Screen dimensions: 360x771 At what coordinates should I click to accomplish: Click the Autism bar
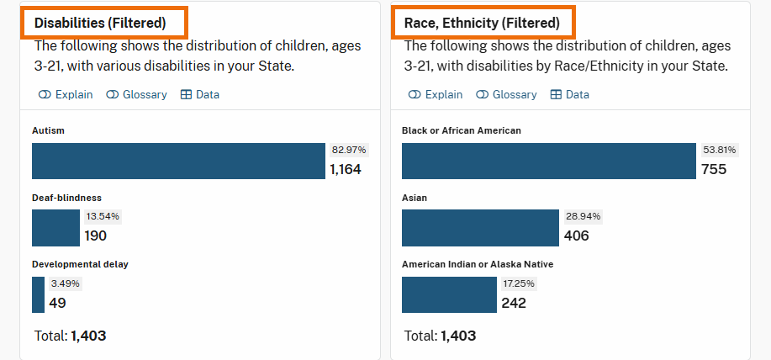pos(178,161)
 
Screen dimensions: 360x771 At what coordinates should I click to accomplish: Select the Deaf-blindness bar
pos(55,227)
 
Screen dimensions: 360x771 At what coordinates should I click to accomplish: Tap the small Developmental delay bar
pos(38,294)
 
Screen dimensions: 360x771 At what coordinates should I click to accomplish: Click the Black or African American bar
pos(549,161)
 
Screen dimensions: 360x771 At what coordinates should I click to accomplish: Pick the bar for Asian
pos(480,227)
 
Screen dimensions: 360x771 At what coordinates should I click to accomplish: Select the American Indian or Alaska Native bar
pos(449,294)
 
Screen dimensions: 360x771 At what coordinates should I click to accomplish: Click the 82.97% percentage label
pos(349,150)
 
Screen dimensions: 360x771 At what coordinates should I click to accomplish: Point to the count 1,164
pos(345,169)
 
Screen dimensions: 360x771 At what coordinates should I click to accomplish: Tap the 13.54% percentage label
pos(103,216)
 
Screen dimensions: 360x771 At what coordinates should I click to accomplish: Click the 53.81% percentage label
pos(719,150)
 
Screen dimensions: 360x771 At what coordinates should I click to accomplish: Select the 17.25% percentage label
pos(518,283)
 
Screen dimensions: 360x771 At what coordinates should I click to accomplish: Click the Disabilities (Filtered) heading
pos(100,23)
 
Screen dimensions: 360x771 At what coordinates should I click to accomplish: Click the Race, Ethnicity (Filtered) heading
pos(482,23)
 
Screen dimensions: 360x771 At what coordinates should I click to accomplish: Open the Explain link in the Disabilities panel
pos(66,95)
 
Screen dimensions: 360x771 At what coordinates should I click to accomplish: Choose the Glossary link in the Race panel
pos(506,95)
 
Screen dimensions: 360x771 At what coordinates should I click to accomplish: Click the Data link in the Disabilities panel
pos(200,95)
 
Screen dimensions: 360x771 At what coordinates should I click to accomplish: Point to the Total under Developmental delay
pos(71,336)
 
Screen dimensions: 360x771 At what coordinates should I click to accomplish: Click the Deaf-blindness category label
pos(66,198)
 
